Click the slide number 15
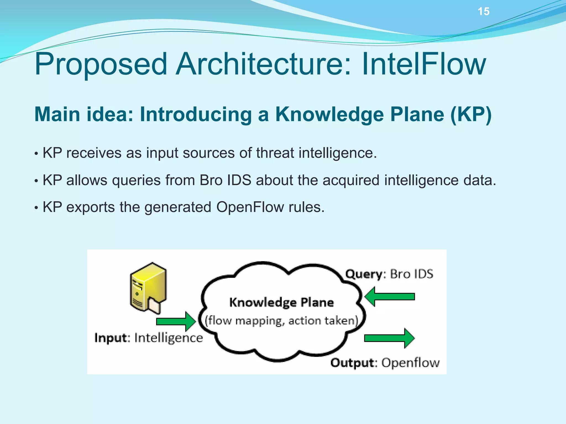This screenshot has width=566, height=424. pyautogui.click(x=483, y=12)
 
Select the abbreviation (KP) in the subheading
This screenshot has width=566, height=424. pyautogui.click(x=471, y=114)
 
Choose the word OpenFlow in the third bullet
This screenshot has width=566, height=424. pyautogui.click(x=250, y=207)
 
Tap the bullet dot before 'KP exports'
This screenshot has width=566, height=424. pyautogui.click(x=36, y=208)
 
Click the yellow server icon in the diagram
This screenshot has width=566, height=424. pyautogui.click(x=148, y=288)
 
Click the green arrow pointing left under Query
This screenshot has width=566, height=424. pyautogui.click(x=390, y=297)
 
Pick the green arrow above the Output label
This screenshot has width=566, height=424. pyautogui.click(x=389, y=338)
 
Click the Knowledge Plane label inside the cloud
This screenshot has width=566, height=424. pyautogui.click(x=281, y=302)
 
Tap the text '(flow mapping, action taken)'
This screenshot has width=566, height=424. pyautogui.click(x=281, y=321)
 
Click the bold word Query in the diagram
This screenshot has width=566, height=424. pyautogui.click(x=364, y=274)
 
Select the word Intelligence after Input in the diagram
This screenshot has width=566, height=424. pyautogui.click(x=169, y=338)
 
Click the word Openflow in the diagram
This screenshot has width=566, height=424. pyautogui.click(x=410, y=363)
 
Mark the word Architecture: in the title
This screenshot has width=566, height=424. pyautogui.click(x=264, y=64)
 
